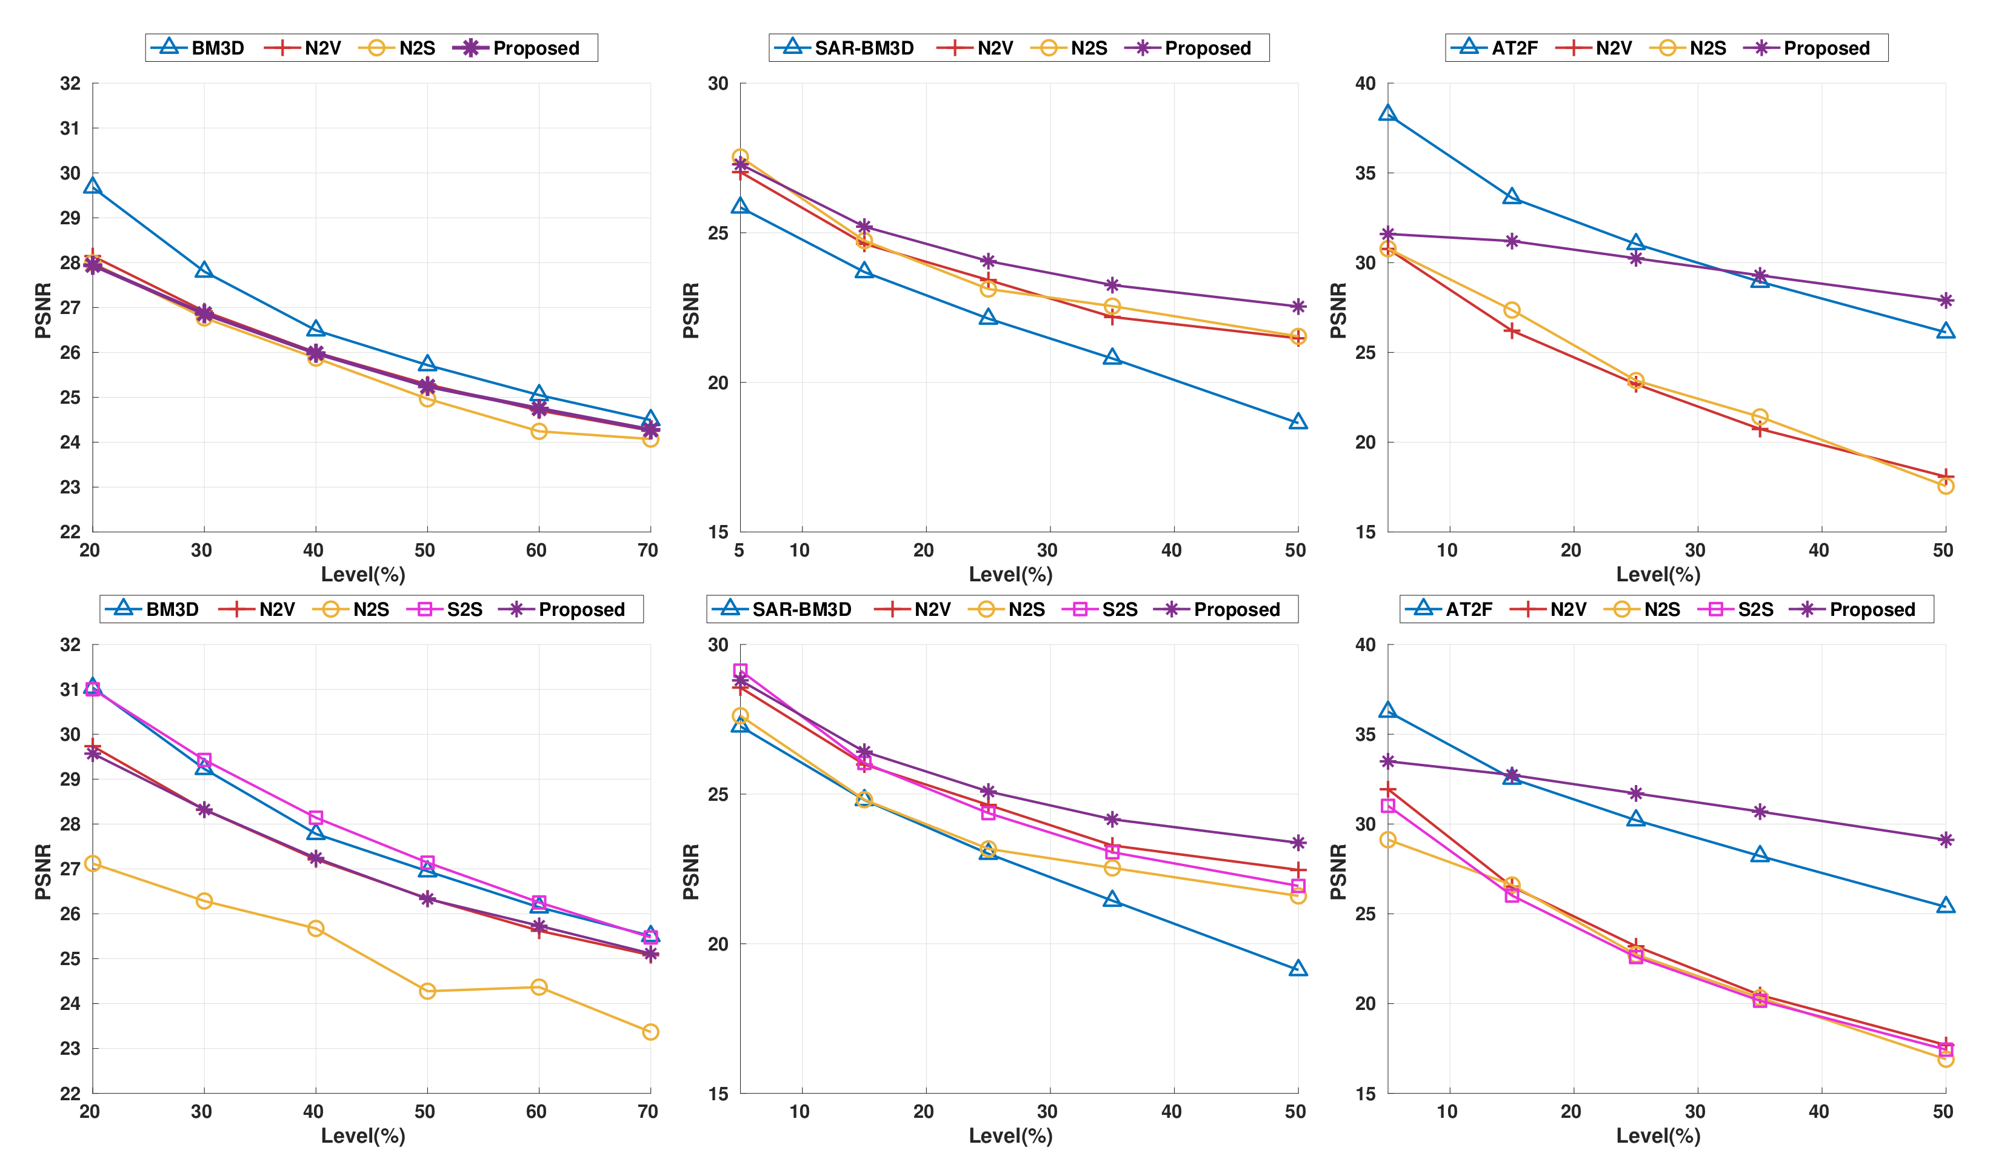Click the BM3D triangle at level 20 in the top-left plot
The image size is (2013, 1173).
(93, 186)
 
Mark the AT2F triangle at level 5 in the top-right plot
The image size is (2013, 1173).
(1387, 113)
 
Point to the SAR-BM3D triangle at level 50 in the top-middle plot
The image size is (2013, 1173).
(1298, 421)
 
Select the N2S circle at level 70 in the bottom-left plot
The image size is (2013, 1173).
(650, 1032)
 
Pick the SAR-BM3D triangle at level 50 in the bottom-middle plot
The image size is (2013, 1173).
(1298, 969)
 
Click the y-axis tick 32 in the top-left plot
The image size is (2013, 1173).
(70, 83)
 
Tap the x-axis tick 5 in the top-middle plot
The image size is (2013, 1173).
(739, 550)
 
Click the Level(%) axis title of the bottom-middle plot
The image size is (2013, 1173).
(1010, 1135)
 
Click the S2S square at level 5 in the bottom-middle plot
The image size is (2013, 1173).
(741, 671)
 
